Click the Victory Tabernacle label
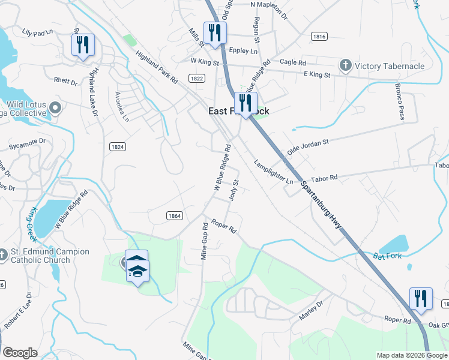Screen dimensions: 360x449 (390, 66)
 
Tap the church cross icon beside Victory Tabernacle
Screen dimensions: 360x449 (345, 65)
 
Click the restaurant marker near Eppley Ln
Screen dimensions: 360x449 (214, 33)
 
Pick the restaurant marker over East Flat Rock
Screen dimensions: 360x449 (246, 103)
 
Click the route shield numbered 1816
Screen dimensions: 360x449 (319, 37)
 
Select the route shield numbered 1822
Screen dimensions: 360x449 (197, 79)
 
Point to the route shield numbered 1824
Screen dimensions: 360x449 (118, 146)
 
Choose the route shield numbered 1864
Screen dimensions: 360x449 (174, 215)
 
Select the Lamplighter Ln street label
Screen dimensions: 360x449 (273, 172)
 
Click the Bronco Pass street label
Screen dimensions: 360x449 (399, 102)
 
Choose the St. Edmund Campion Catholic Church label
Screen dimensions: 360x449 (49, 256)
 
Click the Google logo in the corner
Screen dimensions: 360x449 (20, 353)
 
